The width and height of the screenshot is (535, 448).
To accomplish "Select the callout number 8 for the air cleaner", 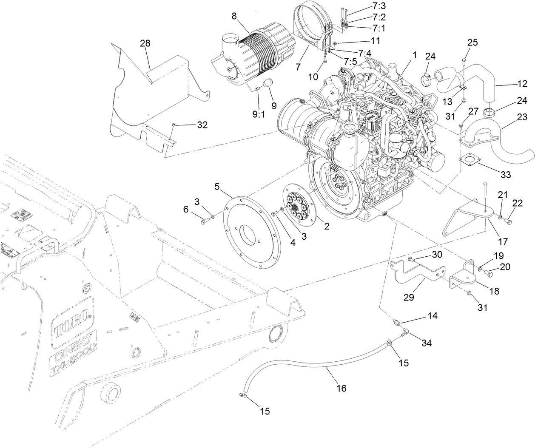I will (x=234, y=17).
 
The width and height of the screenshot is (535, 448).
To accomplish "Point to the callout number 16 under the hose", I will (x=341, y=388).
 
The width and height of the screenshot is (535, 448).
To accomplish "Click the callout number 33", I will (x=506, y=174).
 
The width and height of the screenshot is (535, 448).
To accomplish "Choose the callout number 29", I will (x=408, y=297).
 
